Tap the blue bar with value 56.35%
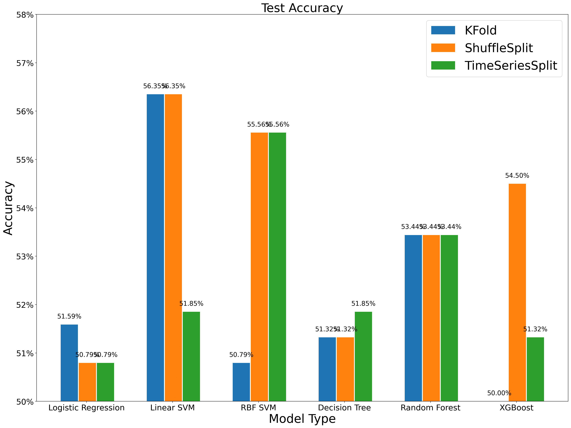coord(155,247)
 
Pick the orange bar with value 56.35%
coord(173,247)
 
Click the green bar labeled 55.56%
coord(277,267)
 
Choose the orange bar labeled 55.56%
coord(259,267)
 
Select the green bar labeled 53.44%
coord(449,318)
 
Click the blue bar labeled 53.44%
coord(413,318)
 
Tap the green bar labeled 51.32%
coord(535,369)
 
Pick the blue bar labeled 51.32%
coord(327,369)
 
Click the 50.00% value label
coord(499,393)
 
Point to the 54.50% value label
coord(517,176)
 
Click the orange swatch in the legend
coord(443,48)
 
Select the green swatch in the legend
coord(443,65)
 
